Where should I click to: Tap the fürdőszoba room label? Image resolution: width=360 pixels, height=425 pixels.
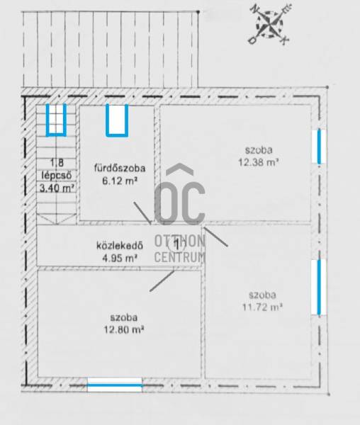[120, 169]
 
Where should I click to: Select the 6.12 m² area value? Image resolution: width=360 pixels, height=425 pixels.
[120, 181]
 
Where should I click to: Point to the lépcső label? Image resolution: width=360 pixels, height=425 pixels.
[57, 176]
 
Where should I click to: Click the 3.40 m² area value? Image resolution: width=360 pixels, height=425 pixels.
[57, 188]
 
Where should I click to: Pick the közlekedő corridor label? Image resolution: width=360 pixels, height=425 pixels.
[120, 246]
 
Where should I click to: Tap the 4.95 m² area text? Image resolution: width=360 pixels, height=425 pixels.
[120, 258]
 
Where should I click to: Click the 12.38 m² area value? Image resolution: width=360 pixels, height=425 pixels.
[259, 162]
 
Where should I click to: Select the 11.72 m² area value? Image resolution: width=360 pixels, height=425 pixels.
[262, 307]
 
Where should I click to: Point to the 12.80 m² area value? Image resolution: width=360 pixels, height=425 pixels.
[123, 330]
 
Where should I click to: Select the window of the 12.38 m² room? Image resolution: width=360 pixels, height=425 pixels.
[319, 147]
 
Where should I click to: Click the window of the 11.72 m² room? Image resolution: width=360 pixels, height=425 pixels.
[319, 287]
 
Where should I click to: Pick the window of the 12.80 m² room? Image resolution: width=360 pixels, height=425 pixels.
[114, 385]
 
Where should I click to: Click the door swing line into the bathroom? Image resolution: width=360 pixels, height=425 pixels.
[142, 212]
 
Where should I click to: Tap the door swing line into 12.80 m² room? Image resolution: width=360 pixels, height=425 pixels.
[162, 280]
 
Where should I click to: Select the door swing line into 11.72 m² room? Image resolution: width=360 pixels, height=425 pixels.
[216, 237]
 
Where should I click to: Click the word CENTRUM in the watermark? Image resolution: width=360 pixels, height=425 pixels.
[179, 257]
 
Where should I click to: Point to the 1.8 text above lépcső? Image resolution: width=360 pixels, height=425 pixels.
[57, 163]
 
